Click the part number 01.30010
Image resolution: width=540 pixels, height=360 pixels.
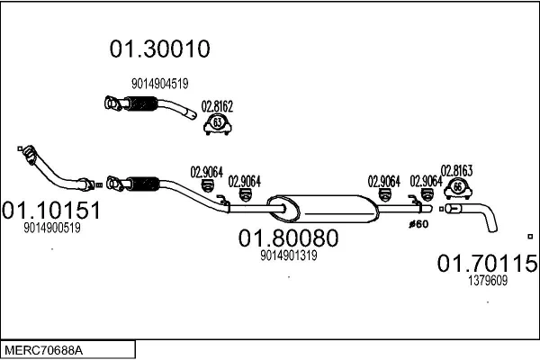click(x=159, y=49)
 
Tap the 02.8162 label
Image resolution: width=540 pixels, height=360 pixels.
click(x=217, y=107)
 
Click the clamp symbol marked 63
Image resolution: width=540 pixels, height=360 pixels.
click(x=217, y=124)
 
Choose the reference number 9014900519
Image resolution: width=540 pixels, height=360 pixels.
click(x=52, y=229)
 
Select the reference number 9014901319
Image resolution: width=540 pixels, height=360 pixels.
click(x=288, y=256)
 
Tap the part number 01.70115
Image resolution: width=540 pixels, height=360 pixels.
click(x=487, y=264)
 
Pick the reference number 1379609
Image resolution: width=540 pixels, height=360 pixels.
click(x=487, y=280)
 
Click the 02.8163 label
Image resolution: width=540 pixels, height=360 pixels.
click(x=456, y=168)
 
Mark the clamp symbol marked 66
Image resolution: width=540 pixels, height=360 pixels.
click(x=457, y=187)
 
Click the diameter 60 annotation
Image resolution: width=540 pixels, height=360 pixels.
click(x=418, y=224)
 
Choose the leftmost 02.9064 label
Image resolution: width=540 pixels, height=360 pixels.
click(x=206, y=172)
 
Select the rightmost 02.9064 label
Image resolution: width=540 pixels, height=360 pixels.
click(x=426, y=180)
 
